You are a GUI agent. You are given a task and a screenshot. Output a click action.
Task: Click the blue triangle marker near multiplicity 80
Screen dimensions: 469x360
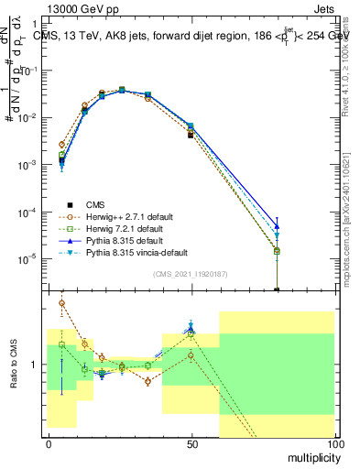[277, 226]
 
